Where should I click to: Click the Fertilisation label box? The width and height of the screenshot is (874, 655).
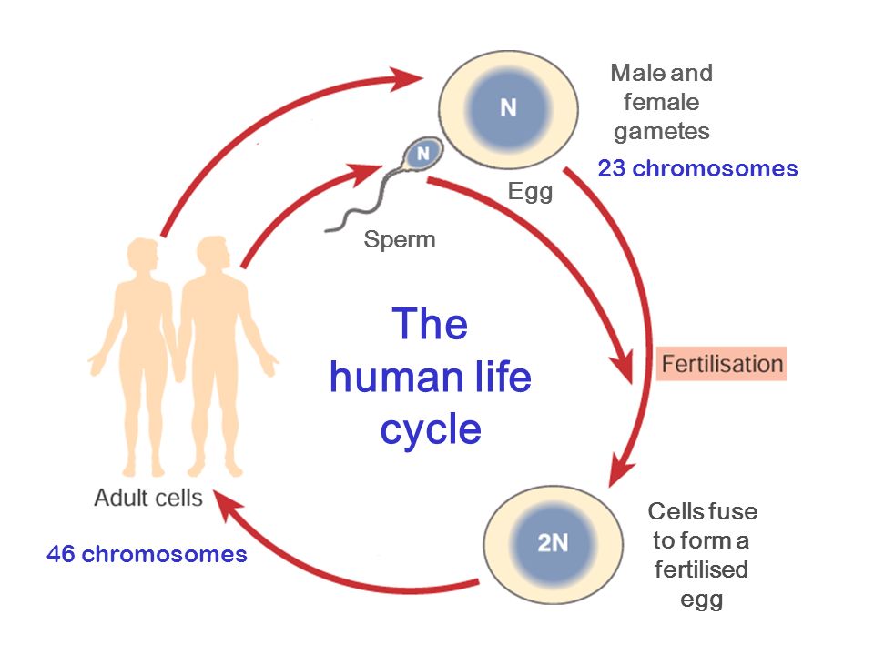point(721,364)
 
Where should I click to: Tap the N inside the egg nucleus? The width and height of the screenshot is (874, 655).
point(508,107)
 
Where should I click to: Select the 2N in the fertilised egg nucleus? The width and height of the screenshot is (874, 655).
point(553,542)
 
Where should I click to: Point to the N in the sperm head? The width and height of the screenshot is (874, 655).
point(423,153)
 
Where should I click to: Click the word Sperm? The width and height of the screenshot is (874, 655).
point(400,240)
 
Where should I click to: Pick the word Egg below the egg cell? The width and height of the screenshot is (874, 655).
point(530,193)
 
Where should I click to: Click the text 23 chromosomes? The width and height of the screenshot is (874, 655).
point(698,168)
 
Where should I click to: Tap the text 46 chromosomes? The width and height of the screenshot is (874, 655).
point(147,554)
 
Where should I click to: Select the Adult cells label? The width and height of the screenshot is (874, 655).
point(148,498)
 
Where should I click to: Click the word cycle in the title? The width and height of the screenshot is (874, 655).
point(431,429)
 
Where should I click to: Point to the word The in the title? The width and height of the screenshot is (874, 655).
point(430,324)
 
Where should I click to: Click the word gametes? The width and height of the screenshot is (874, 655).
point(662,132)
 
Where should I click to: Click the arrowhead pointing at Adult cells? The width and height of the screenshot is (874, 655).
point(227,503)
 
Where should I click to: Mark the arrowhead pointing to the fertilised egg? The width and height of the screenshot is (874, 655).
point(620,469)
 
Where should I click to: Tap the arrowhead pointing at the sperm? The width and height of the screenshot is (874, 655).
point(364,173)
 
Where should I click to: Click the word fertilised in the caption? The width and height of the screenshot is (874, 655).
point(701,569)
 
